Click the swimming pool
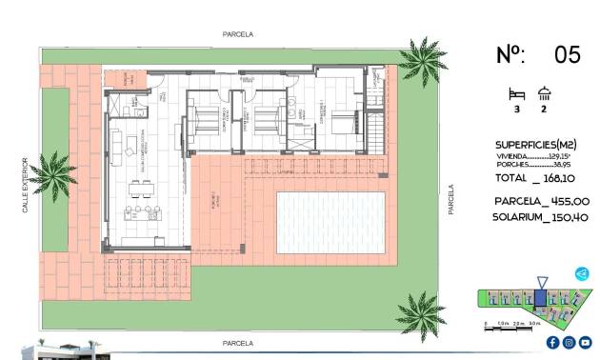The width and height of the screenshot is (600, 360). [x=330, y=221]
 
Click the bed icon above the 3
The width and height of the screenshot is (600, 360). [x=517, y=93]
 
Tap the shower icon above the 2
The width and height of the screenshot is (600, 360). [x=545, y=93]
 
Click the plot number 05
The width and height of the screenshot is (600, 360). [x=567, y=54]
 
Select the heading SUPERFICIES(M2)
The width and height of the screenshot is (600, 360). [x=535, y=144]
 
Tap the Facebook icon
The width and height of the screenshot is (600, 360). [x=553, y=342]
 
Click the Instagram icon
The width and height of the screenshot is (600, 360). [x=569, y=342]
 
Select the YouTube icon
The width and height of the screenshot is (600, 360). [x=584, y=342]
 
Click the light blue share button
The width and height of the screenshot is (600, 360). [x=582, y=274]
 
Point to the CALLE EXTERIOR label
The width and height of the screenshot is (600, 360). [x=27, y=185]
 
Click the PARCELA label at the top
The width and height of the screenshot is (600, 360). [x=237, y=33]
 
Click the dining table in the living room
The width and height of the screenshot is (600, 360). [x=143, y=209]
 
